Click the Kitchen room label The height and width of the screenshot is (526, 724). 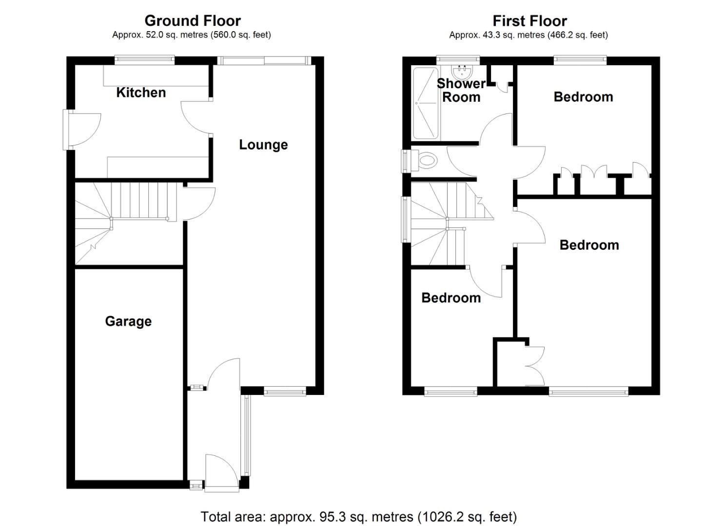click(141, 93)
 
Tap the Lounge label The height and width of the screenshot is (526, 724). click(263, 145)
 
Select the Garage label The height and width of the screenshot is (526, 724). click(128, 321)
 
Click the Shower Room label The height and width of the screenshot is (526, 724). click(461, 91)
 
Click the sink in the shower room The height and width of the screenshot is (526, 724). click(461, 73)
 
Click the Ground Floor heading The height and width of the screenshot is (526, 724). click(192, 21)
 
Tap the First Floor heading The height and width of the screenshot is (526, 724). click(529, 21)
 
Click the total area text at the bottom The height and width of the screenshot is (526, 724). click(358, 516)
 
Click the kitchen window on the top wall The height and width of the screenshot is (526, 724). click(145, 60)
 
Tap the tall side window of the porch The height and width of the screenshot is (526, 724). click(246, 435)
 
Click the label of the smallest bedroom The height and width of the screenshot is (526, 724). click(450, 298)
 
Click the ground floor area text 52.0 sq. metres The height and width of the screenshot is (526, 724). click(192, 35)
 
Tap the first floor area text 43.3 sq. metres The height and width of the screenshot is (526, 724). click(528, 35)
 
